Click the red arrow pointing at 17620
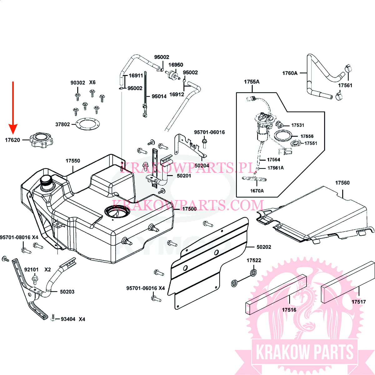(13, 106)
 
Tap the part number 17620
(12, 140)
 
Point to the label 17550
(73, 161)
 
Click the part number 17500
(189, 208)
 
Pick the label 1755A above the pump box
(252, 82)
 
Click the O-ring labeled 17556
(284, 136)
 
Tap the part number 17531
(297, 125)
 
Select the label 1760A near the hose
(290, 73)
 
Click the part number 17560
(342, 183)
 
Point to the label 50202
(264, 247)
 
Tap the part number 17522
(254, 260)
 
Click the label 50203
(67, 292)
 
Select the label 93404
(68, 319)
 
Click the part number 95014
(159, 96)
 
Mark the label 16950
(176, 65)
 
